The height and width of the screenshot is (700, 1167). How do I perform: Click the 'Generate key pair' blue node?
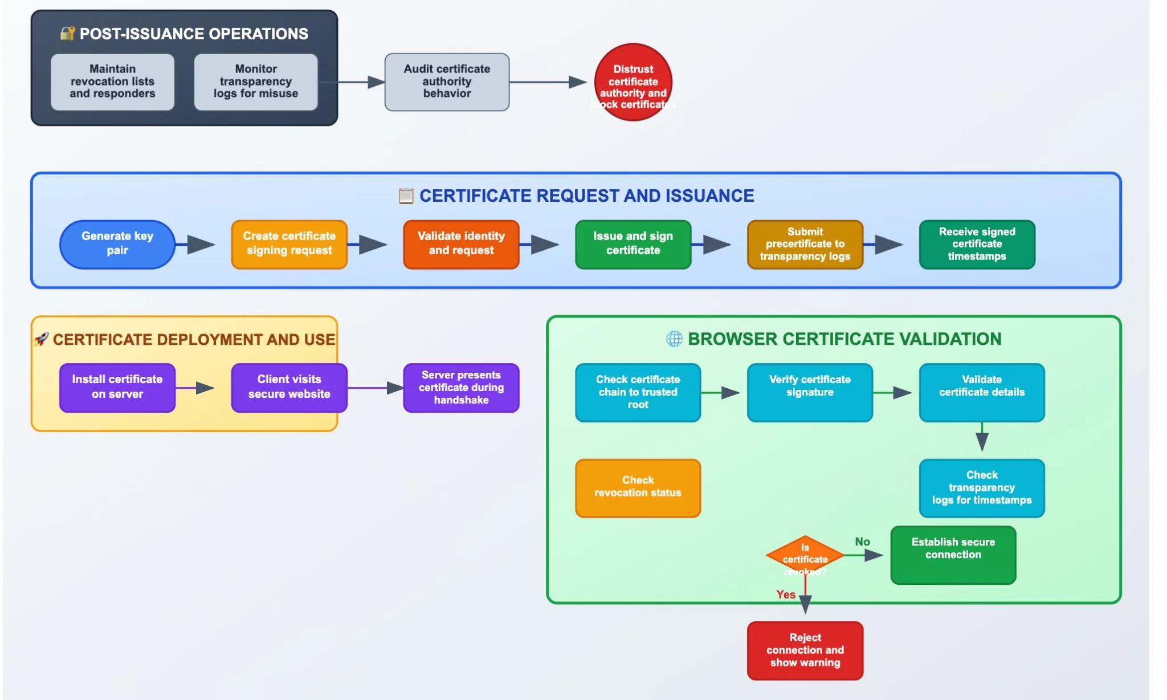click(x=117, y=244)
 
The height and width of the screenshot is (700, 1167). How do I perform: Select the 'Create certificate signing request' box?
click(x=289, y=244)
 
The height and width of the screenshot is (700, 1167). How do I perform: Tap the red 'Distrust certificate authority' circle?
click(x=633, y=82)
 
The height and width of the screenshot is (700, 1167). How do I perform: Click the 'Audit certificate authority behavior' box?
click(x=447, y=82)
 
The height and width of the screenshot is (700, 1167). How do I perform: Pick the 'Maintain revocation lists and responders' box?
click(x=112, y=82)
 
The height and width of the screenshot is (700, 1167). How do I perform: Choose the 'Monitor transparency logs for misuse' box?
click(x=256, y=82)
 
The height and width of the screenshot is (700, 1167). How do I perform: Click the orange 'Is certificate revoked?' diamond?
click(x=805, y=555)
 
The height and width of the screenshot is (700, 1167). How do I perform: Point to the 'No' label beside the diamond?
click(x=862, y=542)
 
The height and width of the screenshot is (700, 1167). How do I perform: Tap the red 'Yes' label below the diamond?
click(x=785, y=595)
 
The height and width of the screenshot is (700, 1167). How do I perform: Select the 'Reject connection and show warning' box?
click(x=805, y=650)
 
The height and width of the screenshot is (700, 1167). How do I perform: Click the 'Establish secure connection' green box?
click(x=953, y=555)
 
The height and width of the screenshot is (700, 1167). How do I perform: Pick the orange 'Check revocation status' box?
click(x=638, y=488)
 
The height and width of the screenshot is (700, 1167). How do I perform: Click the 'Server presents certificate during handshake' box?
click(x=461, y=388)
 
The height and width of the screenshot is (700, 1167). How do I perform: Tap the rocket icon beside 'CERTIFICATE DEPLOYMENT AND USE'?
click(x=41, y=339)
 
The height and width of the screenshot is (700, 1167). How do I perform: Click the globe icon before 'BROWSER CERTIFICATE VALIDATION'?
click(x=674, y=339)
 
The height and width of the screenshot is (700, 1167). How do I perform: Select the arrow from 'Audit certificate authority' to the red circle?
click(x=547, y=82)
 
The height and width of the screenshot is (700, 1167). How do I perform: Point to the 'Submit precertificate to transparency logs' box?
click(x=805, y=244)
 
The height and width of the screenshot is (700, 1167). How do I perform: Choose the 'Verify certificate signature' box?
click(x=809, y=392)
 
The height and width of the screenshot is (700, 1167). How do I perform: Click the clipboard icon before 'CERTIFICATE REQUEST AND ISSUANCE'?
click(x=406, y=196)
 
